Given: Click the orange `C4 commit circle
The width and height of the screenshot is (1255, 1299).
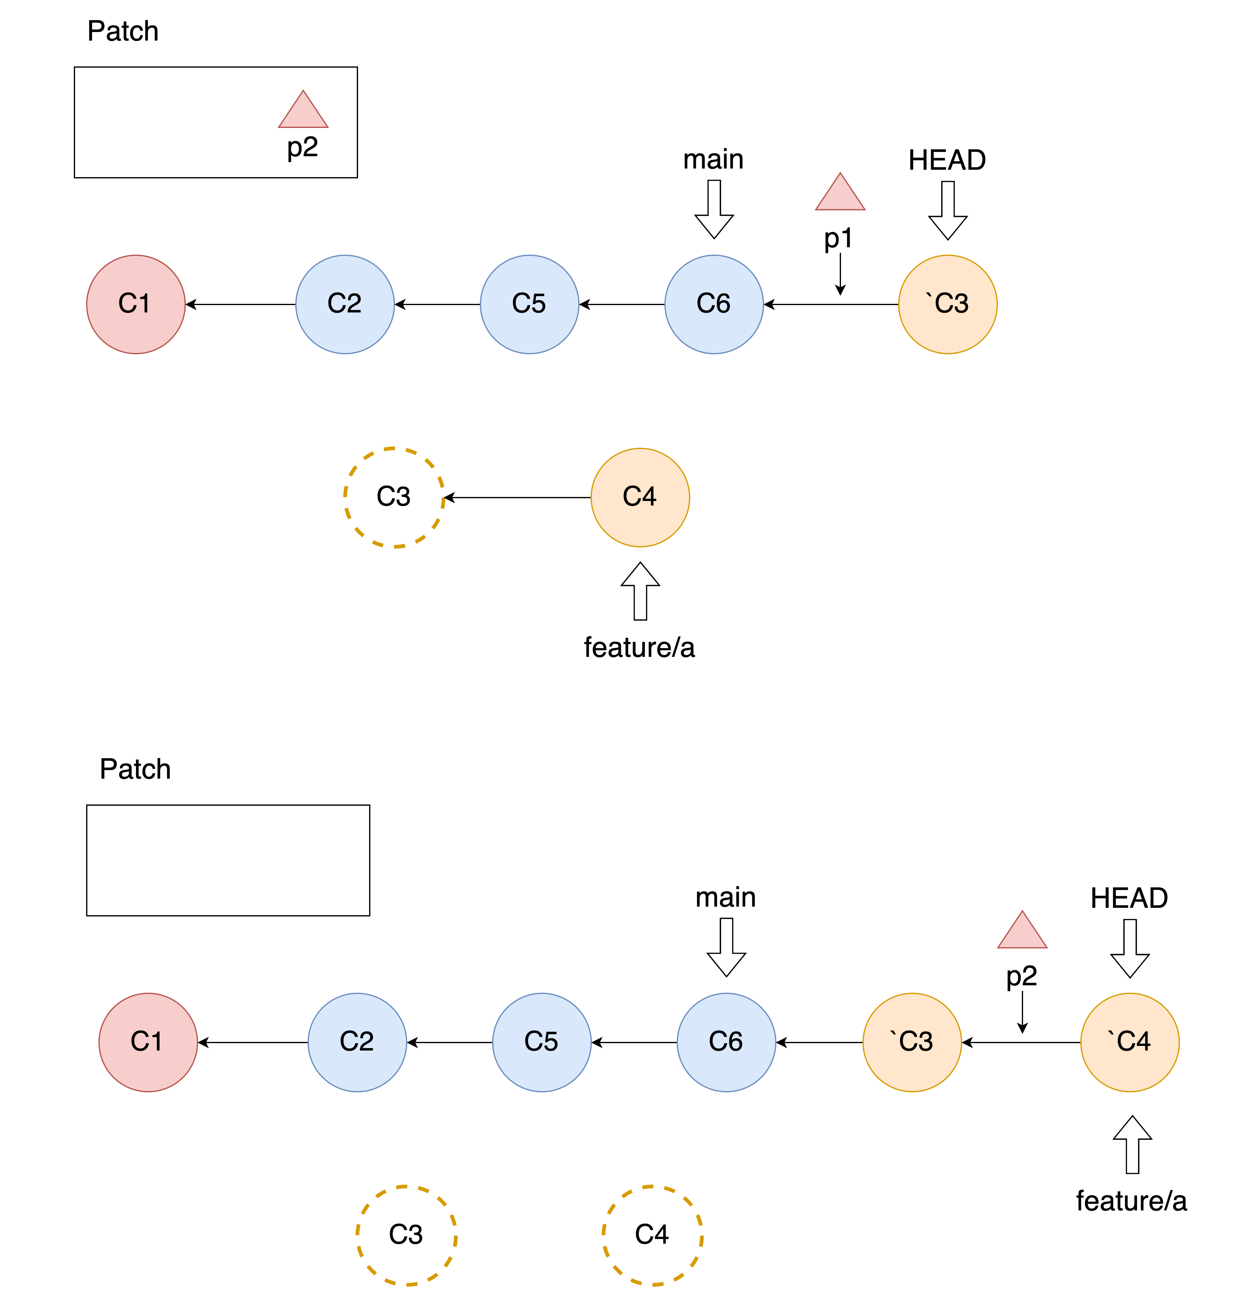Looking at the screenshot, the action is [1130, 1043].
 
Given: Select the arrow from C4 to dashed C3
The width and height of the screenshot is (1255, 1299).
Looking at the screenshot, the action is [517, 498].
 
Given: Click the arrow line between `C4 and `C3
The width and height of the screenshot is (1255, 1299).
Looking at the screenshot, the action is [1021, 1043].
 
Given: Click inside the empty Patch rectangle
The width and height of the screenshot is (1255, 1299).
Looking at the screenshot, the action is [228, 860].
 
